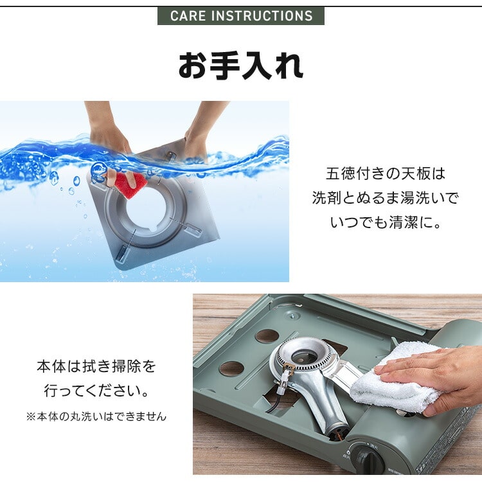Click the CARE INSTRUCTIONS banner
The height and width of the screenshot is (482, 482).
[241, 15]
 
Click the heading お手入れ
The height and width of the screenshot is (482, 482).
[240, 67]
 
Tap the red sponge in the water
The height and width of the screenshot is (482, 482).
[130, 184]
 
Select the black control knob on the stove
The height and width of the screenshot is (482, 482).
[368, 461]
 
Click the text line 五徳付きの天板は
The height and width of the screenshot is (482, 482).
[385, 174]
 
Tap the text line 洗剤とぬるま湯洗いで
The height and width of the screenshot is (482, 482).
[385, 198]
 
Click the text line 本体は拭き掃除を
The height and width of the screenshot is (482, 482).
[96, 367]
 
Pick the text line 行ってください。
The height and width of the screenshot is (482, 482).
[96, 391]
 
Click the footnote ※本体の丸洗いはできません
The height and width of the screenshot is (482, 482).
[96, 416]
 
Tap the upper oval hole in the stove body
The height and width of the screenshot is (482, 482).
[267, 335]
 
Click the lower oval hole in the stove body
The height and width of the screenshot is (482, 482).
[231, 369]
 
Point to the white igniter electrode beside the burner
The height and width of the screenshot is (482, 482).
[281, 385]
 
